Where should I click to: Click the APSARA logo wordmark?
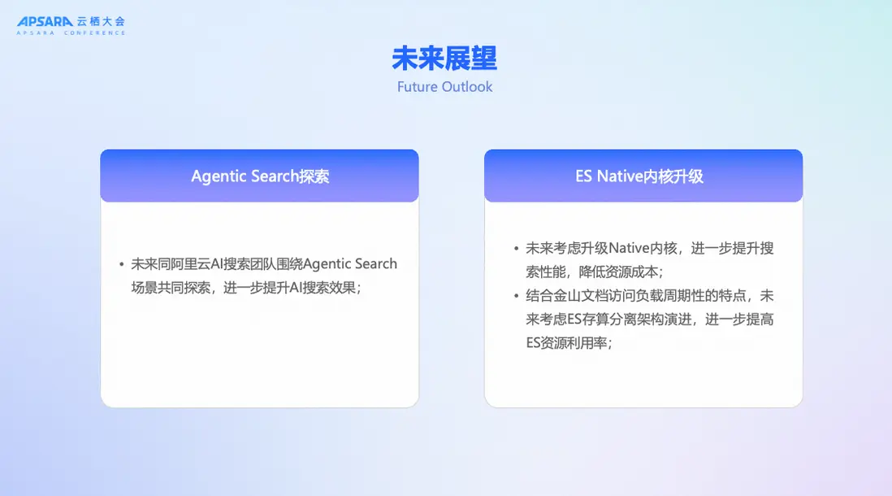point(45,22)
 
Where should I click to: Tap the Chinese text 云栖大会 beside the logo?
point(101,22)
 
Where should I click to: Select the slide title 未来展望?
point(444,58)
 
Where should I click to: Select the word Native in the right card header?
point(620,176)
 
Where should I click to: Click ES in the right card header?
point(583,176)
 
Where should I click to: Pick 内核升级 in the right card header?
point(673,176)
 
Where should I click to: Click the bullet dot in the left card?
point(122,264)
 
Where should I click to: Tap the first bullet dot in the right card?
point(516,248)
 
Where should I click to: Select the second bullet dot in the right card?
point(516,295)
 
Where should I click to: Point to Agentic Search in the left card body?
point(350,263)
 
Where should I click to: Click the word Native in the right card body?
point(629,248)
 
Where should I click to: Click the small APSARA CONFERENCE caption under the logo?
point(71,33)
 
